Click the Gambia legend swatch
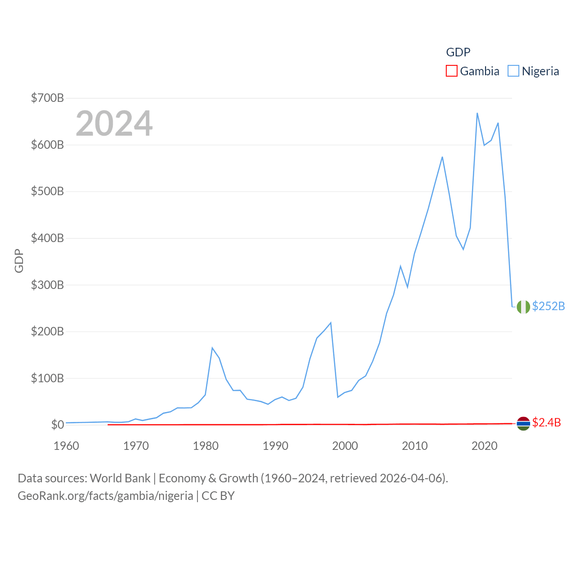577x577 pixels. pos(451,71)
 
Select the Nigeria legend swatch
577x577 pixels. pos(513,71)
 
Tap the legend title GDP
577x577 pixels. pos(458,52)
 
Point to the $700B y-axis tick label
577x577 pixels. pos(47,98)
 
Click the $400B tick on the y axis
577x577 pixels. pos(47,238)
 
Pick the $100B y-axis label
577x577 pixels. pos(47,378)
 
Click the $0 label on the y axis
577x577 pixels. pos(57,425)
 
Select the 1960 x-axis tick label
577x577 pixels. pos(66,446)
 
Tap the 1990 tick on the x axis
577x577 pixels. pos(275,446)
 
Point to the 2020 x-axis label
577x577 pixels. pos(484,446)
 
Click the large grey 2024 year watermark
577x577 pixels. pos(114,124)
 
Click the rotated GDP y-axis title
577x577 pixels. pos(19,261)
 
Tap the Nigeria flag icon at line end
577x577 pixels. pos(523,307)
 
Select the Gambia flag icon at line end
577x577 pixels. pos(523,423)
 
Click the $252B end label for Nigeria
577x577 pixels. pos(548,306)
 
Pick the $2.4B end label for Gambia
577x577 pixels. pos(546,422)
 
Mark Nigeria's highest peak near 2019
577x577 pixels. pos(477,113)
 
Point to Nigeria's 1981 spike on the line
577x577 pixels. pos(212,348)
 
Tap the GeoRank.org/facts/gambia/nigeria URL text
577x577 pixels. pos(105,496)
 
